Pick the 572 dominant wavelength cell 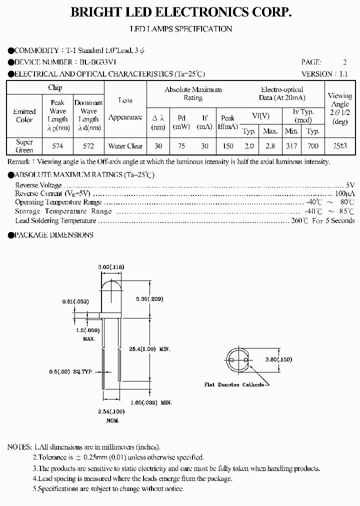[88, 146]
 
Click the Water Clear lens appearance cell [125, 146]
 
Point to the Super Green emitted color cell [24, 146]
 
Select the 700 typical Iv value [313, 146]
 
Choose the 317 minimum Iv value [292, 146]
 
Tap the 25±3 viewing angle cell [340, 146]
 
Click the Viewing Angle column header [340, 108]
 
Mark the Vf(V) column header [260, 116]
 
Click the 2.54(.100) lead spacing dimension [112, 411]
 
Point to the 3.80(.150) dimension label [278, 359]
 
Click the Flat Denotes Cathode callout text [234, 384]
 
